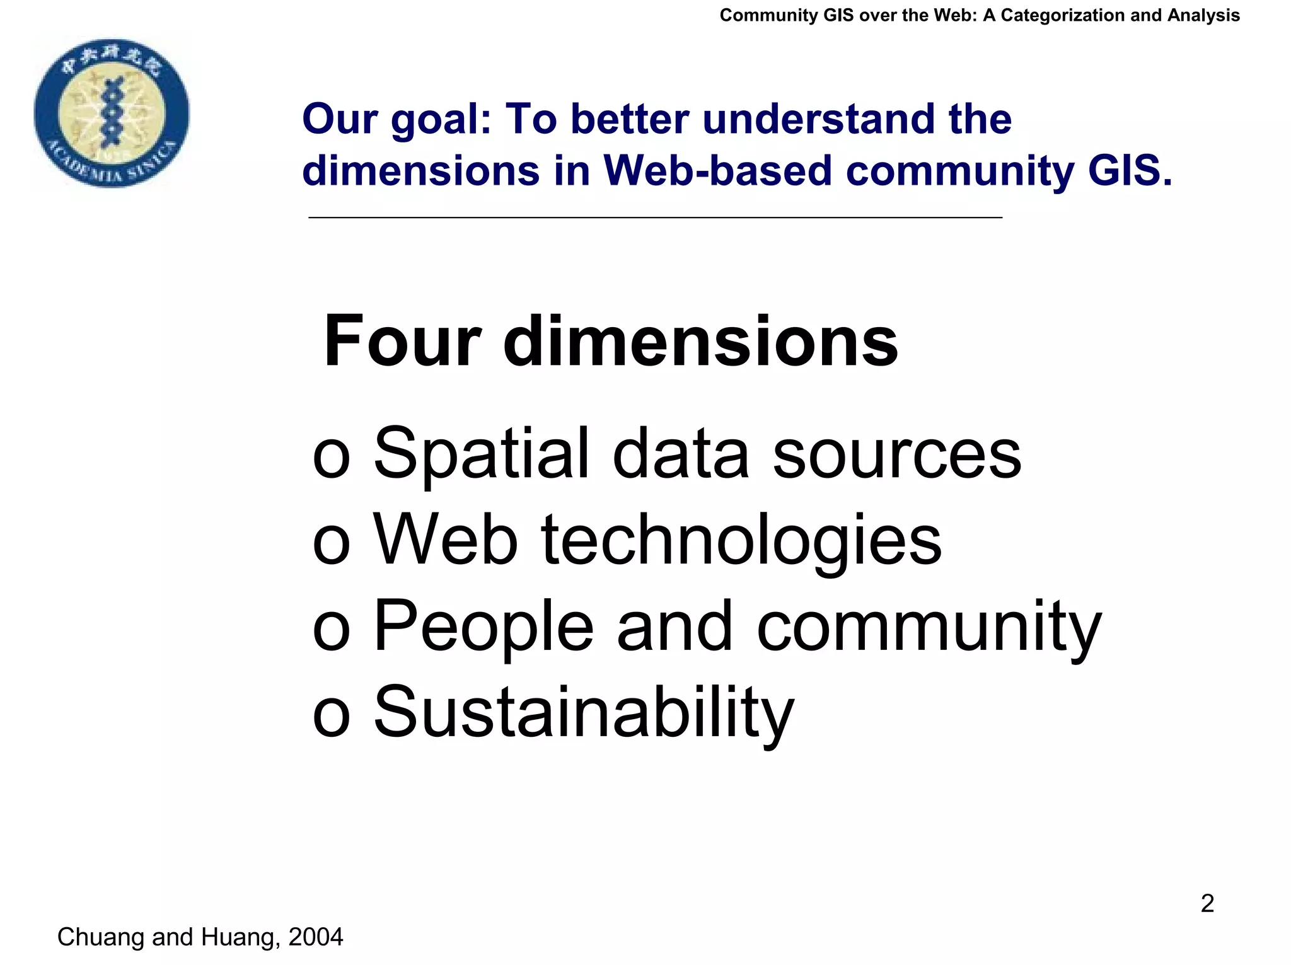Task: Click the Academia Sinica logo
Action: (x=112, y=112)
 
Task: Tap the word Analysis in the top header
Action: (x=1203, y=15)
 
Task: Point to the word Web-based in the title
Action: (x=718, y=170)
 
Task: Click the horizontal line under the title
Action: (x=655, y=217)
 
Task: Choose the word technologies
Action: (x=741, y=541)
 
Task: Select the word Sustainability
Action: (x=584, y=714)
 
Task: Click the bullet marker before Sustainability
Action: (x=331, y=716)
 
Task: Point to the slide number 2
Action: (x=1207, y=903)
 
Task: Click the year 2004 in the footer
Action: (x=315, y=937)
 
